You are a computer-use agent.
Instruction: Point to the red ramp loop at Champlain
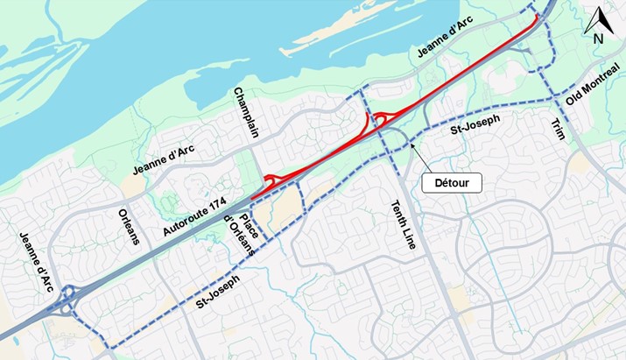tap(273, 181)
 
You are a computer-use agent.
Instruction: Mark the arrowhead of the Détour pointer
tap(406, 145)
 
